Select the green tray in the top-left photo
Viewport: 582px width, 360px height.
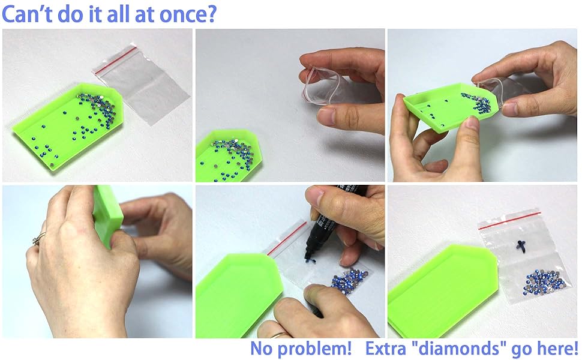(66, 129)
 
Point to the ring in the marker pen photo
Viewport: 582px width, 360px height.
(278, 334)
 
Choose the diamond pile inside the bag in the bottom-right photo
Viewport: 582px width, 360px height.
(539, 281)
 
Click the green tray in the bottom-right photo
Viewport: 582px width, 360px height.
(438, 294)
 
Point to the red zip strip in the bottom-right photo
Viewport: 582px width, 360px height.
(509, 218)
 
